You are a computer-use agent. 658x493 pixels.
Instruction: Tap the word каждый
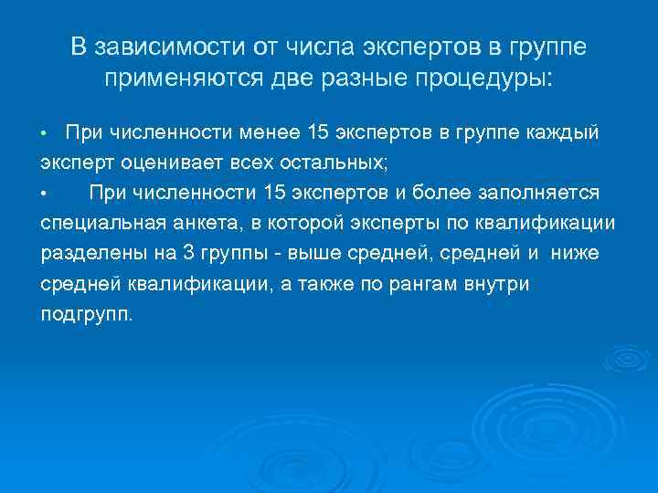click(x=568, y=133)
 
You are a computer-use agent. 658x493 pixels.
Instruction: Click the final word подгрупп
click(x=86, y=314)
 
